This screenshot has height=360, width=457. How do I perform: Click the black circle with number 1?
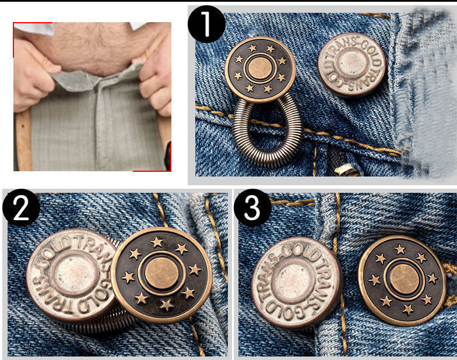pyautogui.click(x=206, y=24)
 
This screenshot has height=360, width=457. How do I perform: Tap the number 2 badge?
pyautogui.click(x=22, y=207)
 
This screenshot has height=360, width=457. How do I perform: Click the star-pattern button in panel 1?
pyautogui.click(x=260, y=69)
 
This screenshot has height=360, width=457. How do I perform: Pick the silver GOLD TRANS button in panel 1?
pyautogui.click(x=351, y=64)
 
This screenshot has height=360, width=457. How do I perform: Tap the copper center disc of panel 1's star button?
pyautogui.click(x=260, y=69)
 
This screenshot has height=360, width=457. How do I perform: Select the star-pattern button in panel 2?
pyautogui.click(x=161, y=275)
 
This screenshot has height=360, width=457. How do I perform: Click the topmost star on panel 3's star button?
pyautogui.click(x=400, y=249)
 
